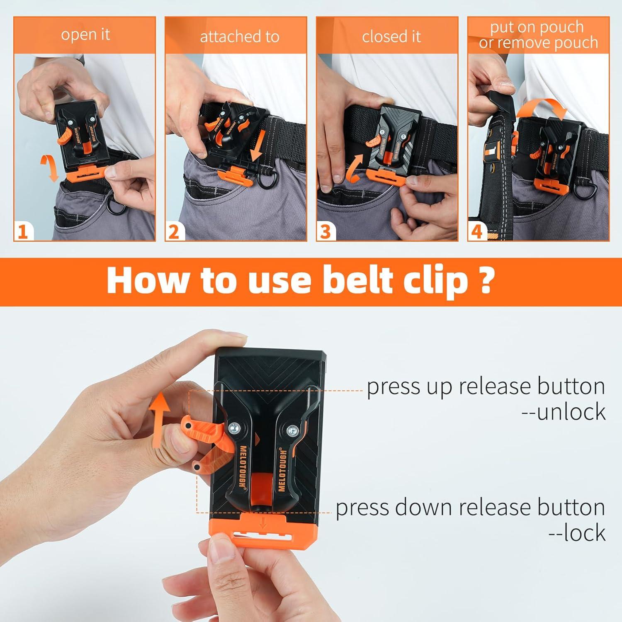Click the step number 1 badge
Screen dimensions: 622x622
tap(23, 231)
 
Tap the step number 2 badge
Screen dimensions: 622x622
tap(175, 231)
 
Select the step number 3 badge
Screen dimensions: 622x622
tap(326, 231)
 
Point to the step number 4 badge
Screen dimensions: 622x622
tap(477, 231)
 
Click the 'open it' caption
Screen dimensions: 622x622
tap(85, 35)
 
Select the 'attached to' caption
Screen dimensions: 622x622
tap(239, 37)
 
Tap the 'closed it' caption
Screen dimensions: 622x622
tap(391, 37)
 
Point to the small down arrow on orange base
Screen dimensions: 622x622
tap(262, 524)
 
